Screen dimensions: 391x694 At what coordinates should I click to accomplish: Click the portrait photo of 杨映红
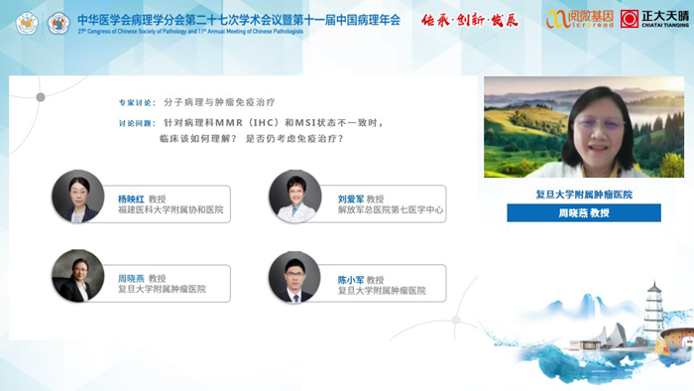click(78, 195)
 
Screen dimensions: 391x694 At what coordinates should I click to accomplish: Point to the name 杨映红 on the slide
click(131, 197)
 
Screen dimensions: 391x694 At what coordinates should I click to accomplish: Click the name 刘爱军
click(351, 197)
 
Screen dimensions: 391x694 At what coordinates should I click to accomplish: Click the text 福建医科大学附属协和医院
click(171, 210)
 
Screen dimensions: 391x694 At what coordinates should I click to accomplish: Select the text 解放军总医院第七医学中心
click(391, 210)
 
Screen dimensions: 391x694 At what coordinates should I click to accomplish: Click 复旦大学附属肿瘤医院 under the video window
click(584, 195)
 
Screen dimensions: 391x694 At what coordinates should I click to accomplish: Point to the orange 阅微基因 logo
click(579, 18)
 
